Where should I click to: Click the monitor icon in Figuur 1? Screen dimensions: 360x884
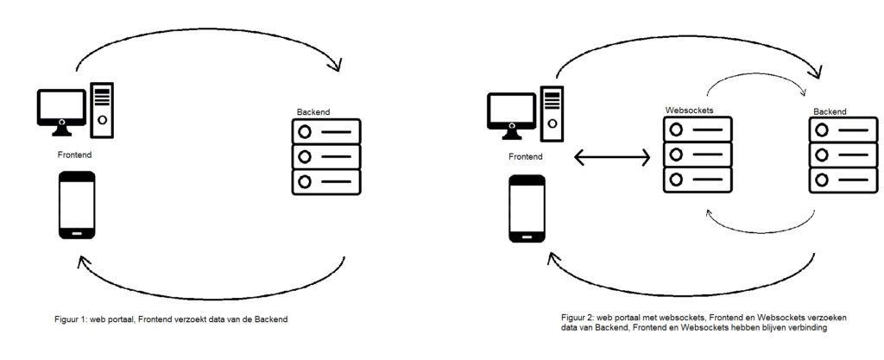[x=61, y=110]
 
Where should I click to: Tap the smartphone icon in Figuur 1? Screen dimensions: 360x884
[x=76, y=205]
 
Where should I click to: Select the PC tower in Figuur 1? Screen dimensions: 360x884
[x=102, y=109]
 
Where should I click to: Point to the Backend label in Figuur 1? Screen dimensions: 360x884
[x=313, y=112]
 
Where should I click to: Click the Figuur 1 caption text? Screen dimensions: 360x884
[x=170, y=319]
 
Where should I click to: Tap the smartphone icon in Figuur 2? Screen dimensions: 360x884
[x=527, y=209]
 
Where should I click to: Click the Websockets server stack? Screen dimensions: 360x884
[x=697, y=155]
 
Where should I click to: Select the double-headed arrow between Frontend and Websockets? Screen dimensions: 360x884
[x=612, y=157]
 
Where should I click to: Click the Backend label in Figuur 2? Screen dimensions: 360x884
[x=829, y=112]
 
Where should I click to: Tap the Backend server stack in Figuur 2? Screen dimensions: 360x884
[x=841, y=156]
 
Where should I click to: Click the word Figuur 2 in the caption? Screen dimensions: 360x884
[x=578, y=318]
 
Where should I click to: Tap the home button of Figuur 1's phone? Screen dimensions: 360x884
[x=76, y=232]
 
